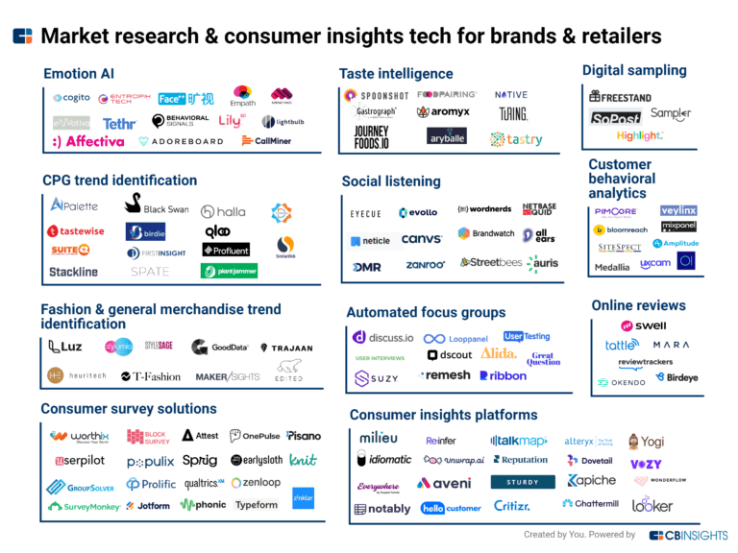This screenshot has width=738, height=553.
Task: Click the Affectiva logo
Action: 88,141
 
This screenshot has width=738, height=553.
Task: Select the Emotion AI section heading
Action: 85,74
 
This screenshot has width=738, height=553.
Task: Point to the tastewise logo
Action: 76,231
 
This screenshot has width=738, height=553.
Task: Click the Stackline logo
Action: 74,272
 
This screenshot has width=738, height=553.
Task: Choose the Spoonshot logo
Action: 376,96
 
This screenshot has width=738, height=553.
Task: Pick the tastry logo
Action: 516,139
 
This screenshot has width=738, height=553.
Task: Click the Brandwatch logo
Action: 486,233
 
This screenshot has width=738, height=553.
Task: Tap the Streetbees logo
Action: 490,261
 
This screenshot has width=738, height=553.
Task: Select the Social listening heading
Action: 391,181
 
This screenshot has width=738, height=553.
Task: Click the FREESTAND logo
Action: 621,97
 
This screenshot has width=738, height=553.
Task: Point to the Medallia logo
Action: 612,267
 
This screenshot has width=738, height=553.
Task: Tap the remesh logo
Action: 445,375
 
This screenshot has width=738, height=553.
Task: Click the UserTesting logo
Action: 527,337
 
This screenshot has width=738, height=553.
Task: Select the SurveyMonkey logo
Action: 86,506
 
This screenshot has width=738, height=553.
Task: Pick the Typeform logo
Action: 257,504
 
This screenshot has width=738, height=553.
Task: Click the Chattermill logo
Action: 591,503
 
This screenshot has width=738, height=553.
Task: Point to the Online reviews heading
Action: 638,305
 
